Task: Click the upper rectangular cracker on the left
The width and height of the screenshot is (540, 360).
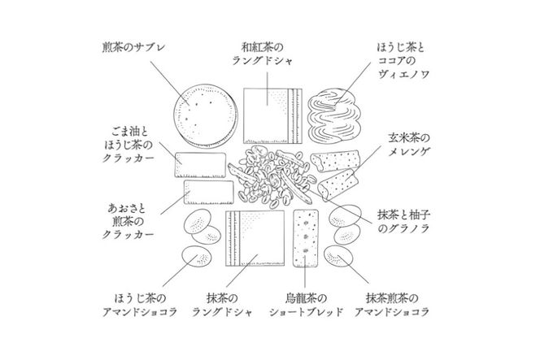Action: (x=200, y=164)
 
